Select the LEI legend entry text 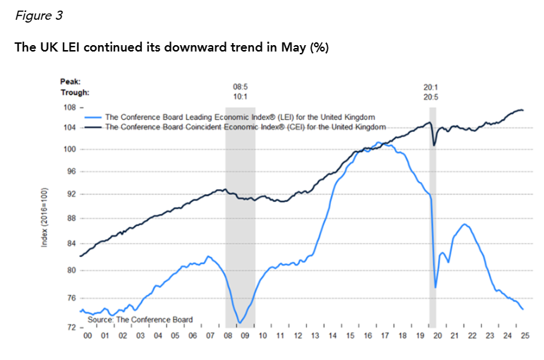tap(239, 116)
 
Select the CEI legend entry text tap(246, 127)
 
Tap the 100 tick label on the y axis tap(70, 150)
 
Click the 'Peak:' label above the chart tap(71, 82)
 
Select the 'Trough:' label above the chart tap(75, 92)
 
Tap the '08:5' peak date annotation tap(240, 87)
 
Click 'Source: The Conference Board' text tap(139, 320)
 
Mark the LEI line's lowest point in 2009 tap(241, 323)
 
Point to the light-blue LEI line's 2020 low tap(435, 287)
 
